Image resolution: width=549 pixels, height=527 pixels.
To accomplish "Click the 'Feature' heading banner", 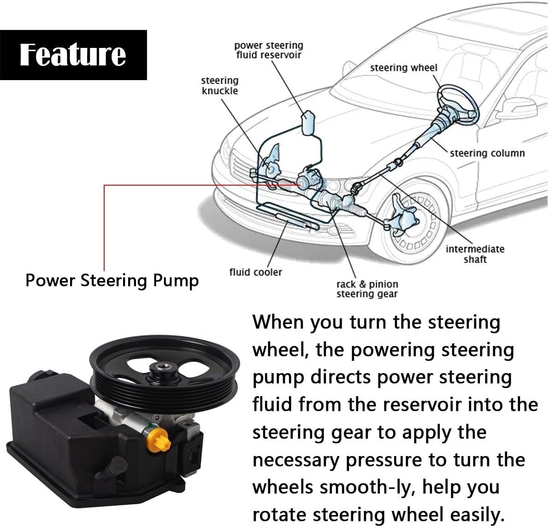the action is (x=73, y=55).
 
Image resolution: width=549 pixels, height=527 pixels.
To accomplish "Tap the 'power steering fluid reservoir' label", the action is (x=269, y=50).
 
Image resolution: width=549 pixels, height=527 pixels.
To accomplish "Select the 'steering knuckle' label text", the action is (x=220, y=86).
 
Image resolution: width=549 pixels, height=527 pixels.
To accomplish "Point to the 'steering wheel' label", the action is (x=404, y=68).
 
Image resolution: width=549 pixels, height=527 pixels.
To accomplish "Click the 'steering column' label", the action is (x=487, y=153).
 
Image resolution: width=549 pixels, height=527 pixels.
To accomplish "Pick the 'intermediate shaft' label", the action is (x=475, y=254).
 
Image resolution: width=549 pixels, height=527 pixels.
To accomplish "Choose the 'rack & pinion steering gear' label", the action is (x=367, y=289).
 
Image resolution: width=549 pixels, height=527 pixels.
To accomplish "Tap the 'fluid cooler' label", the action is (x=255, y=272).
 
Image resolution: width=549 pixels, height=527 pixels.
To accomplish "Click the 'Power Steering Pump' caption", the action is (x=112, y=281).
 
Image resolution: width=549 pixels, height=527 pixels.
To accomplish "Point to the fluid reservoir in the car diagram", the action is (x=308, y=123).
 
